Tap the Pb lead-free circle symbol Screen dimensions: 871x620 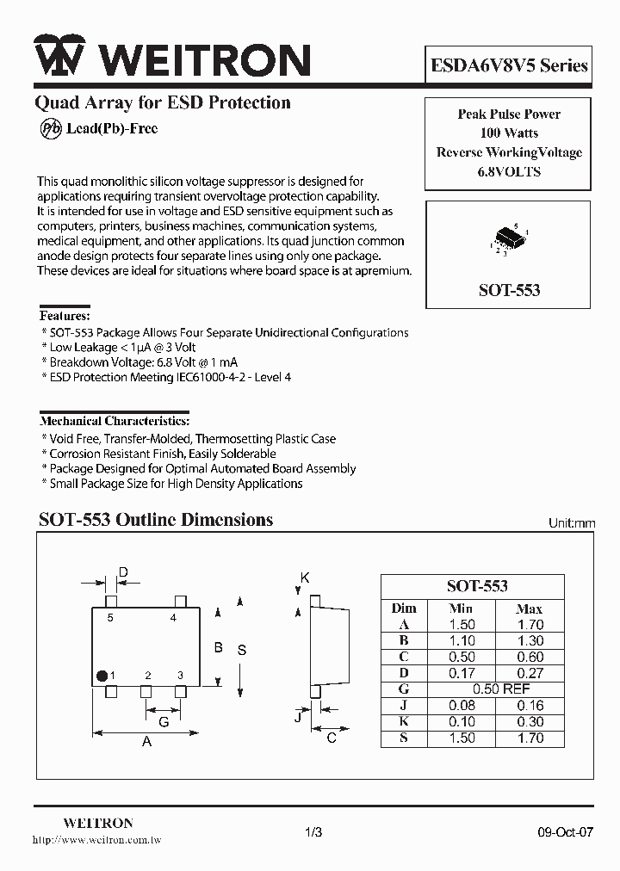(x=50, y=129)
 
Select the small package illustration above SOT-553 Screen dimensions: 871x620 (x=509, y=238)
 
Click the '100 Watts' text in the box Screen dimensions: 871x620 (x=509, y=133)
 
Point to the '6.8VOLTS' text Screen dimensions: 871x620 (x=509, y=171)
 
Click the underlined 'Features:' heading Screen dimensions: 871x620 (x=65, y=316)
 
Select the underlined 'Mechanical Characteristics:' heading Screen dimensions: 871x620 (x=115, y=422)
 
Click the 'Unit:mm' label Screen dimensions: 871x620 (x=572, y=523)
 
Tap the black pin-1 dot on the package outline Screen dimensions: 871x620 (x=102, y=675)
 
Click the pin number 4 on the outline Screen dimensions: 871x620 (x=173, y=618)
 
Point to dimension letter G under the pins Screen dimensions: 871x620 (x=163, y=722)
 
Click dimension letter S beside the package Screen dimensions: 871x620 (x=242, y=650)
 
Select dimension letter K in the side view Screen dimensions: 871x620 (x=305, y=578)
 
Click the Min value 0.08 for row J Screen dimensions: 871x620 (x=462, y=706)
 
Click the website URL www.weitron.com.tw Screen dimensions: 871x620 (x=96, y=840)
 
